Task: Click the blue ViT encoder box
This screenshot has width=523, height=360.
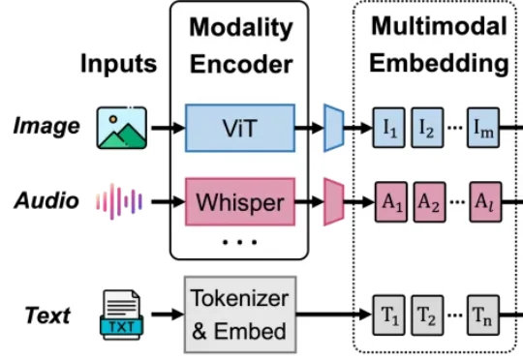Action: pos(240,128)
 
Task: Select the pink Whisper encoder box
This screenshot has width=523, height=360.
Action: pos(240,202)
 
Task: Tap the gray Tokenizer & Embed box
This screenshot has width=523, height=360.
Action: pos(240,315)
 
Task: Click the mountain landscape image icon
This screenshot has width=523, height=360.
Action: pos(122,128)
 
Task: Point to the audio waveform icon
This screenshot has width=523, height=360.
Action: pos(119,201)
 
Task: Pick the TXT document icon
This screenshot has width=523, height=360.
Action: pos(121,315)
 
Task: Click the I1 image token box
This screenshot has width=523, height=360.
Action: pos(389,128)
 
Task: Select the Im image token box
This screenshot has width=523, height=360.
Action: pos(483,128)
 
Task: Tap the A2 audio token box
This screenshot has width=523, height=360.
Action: pos(430,202)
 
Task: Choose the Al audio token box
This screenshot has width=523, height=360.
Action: pos(485,202)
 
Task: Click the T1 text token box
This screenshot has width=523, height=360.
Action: pos(389,315)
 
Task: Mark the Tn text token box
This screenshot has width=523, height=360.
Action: pos(483,315)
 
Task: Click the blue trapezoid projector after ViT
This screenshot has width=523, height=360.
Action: pos(333,128)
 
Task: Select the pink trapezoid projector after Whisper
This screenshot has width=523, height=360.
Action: pos(333,202)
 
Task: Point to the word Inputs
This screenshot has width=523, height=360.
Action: pos(119,63)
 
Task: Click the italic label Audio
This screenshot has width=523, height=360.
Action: pos(46,200)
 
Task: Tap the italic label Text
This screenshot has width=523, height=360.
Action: pos(47,315)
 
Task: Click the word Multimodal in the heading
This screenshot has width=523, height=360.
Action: pos(440,26)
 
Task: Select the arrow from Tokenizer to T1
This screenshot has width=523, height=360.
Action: pos(334,314)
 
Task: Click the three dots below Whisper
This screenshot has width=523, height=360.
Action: pos(240,242)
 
